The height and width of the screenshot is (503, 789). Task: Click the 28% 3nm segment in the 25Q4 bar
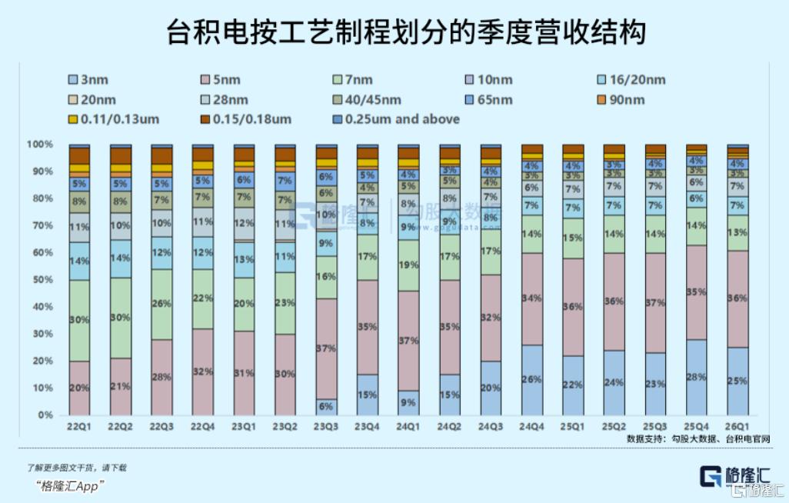697,377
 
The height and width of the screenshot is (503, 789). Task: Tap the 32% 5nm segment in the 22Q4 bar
202,371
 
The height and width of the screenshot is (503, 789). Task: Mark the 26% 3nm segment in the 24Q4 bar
531,379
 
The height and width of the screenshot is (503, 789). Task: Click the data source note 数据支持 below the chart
697,439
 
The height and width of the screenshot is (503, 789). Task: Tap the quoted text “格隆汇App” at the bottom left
70,486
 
